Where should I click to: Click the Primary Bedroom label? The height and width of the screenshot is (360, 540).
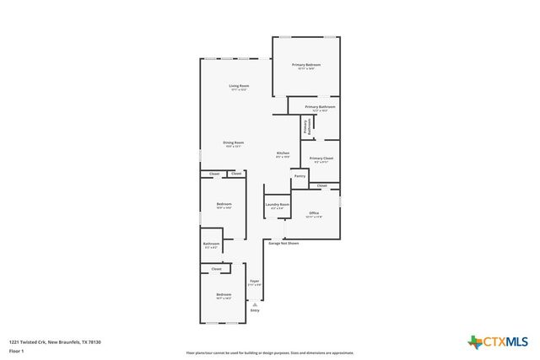tap(306, 65)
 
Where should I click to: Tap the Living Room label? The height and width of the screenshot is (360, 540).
tap(239, 86)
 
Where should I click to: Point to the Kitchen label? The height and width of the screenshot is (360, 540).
tap(283, 153)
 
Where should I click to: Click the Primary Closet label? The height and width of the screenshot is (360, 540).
tap(321, 159)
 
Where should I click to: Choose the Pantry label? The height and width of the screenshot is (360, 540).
tap(300, 176)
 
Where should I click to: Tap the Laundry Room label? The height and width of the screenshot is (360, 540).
tap(278, 205)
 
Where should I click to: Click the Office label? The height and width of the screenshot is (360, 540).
tap(314, 213)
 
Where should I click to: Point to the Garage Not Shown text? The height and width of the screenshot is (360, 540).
tap(283, 244)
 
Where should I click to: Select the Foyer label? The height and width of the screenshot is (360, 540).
tap(254, 282)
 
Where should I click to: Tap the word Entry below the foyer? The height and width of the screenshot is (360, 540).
tap(255, 310)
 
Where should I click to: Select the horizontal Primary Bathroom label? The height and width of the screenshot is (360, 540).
tap(321, 107)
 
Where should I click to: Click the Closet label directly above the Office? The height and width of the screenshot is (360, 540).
tap(322, 185)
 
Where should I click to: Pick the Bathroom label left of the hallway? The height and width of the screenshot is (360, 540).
tap(211, 244)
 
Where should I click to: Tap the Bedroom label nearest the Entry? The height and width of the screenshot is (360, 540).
tap(224, 294)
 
